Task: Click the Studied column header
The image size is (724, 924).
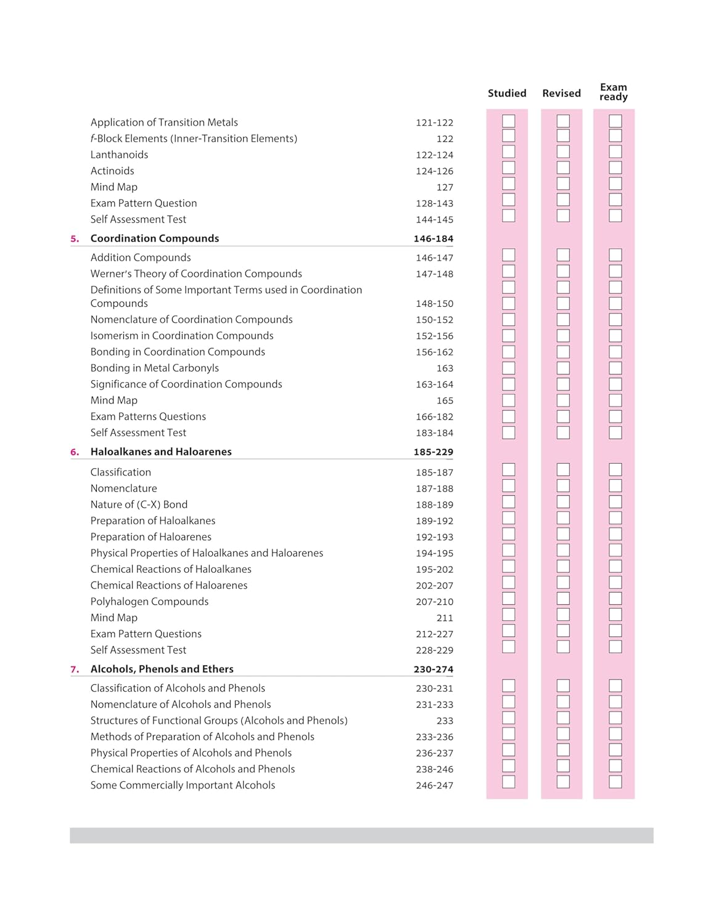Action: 507,93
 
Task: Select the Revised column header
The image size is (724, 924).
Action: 561,93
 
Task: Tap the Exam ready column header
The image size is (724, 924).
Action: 614,92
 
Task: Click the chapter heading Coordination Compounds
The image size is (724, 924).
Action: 155,238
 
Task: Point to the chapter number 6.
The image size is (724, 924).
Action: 75,452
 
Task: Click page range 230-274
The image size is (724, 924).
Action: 434,670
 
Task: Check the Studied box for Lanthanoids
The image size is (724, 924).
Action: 508,152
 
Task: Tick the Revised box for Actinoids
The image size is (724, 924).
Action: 563,168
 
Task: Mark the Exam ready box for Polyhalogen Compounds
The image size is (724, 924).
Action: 615,598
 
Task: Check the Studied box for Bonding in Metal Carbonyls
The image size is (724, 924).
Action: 508,368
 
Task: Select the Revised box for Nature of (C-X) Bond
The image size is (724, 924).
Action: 563,501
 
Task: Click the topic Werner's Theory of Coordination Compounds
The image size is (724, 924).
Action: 196,274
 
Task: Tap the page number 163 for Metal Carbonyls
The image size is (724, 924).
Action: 445,368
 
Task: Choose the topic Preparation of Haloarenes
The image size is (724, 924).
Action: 151,537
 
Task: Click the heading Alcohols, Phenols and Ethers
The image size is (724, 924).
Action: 162,669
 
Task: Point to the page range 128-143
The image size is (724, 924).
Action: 434,203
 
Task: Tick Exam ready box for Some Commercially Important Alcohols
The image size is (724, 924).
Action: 615,782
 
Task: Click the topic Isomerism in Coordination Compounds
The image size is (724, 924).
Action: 182,336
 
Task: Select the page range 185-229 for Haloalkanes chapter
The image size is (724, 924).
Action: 434,452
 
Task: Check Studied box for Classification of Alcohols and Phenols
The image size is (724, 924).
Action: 508,686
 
